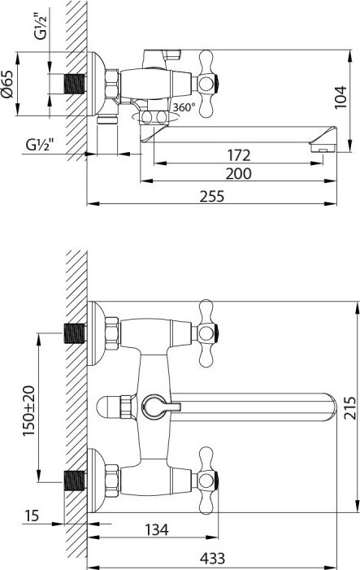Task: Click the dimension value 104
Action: click(x=340, y=97)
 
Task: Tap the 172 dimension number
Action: click(x=239, y=155)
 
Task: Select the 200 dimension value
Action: click(x=239, y=173)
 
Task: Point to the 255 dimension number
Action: click(x=212, y=196)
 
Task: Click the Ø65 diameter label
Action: click(x=7, y=84)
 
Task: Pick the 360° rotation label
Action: click(x=184, y=107)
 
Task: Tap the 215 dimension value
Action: click(x=350, y=408)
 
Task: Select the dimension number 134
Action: click(x=157, y=529)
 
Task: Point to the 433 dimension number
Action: click(x=213, y=558)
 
